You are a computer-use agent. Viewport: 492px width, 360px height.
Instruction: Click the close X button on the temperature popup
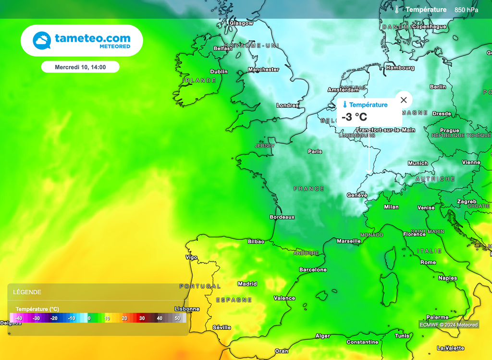pyautogui.click(x=404, y=100)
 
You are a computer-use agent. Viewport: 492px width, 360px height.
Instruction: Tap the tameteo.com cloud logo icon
pyautogui.click(x=42, y=40)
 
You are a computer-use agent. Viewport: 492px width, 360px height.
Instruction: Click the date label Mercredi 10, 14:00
pyautogui.click(x=80, y=67)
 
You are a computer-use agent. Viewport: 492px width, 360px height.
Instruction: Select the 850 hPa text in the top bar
pyautogui.click(x=466, y=10)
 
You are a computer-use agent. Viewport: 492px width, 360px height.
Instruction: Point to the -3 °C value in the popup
pyautogui.click(x=354, y=117)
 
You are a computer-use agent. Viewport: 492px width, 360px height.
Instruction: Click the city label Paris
pyautogui.click(x=315, y=151)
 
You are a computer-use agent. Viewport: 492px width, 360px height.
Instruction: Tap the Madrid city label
pyautogui.click(x=247, y=284)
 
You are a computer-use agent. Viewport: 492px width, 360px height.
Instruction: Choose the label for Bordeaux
pyautogui.click(x=282, y=217)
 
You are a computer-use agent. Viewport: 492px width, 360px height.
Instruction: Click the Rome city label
pyautogui.click(x=428, y=262)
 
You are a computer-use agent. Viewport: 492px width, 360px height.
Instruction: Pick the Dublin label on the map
pyautogui.click(x=219, y=72)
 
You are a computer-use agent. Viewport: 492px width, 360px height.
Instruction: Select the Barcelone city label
pyautogui.click(x=313, y=270)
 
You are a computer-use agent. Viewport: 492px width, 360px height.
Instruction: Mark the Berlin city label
pyautogui.click(x=438, y=87)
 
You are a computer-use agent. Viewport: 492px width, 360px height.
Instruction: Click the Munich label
pyautogui.click(x=418, y=163)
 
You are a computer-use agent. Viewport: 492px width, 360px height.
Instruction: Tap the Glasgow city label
pyautogui.click(x=241, y=23)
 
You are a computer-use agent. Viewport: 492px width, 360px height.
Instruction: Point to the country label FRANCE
pyautogui.click(x=309, y=189)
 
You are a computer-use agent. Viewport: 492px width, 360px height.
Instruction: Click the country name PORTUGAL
pyautogui.click(x=200, y=286)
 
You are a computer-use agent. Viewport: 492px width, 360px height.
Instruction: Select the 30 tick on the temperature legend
pyautogui.click(x=142, y=318)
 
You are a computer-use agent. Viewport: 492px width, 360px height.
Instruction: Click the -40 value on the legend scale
pyautogui.click(x=19, y=318)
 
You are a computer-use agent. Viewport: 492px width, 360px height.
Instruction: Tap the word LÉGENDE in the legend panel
pyautogui.click(x=27, y=292)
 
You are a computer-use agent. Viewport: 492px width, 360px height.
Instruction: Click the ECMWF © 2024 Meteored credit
pyautogui.click(x=449, y=325)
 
